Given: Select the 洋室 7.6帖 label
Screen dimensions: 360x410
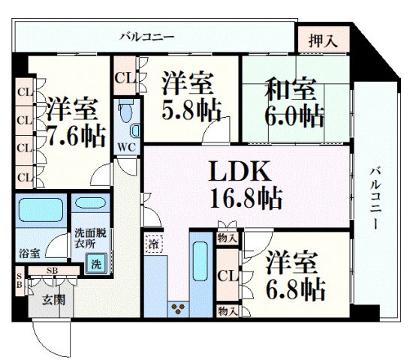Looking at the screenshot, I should (x=70, y=122).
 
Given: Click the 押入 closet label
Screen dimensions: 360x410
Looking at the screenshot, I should (x=323, y=41).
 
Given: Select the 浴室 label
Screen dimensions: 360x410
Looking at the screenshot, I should (x=29, y=253).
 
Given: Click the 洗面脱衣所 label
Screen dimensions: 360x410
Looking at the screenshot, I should (x=90, y=238).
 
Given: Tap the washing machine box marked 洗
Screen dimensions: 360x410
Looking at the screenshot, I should (x=95, y=263).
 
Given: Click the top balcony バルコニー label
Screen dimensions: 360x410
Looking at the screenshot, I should (x=147, y=36).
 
